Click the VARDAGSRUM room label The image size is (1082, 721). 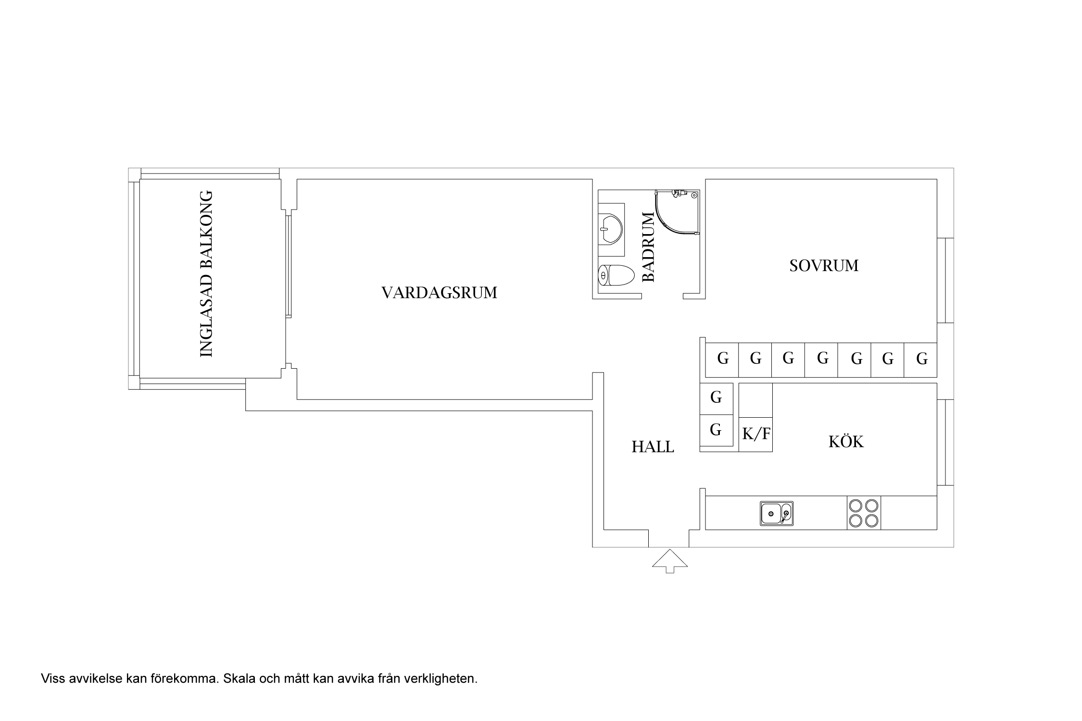(439, 293)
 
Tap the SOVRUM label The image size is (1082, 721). (824, 266)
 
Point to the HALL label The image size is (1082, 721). (653, 447)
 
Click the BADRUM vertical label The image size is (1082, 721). (649, 247)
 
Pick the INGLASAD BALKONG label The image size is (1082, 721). (206, 274)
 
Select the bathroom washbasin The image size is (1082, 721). (611, 229)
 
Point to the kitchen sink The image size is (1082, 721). (777, 513)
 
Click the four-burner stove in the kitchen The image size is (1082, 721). (864, 513)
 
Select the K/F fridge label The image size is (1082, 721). (756, 434)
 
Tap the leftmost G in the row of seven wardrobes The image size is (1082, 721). (723, 358)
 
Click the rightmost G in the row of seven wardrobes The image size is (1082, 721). (921, 359)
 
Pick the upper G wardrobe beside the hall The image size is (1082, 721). (716, 397)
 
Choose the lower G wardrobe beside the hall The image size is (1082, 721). (716, 429)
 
